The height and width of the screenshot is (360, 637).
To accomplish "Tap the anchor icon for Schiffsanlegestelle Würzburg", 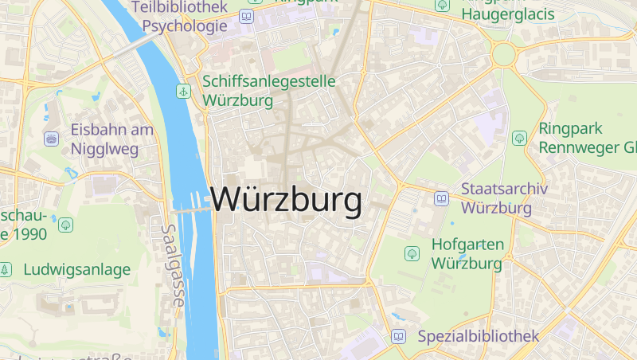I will coord(183,91).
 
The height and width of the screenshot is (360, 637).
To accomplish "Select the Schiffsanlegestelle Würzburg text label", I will coord(269,91).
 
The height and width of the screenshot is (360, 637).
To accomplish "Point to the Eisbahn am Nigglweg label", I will coord(104,139).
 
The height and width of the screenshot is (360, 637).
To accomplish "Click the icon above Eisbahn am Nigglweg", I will coord(52,139).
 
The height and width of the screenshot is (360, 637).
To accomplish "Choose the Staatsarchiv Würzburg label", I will coord(497,199).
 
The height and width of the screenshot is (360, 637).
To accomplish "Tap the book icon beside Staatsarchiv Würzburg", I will coord(441,198).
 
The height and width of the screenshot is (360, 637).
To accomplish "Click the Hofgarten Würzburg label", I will coord(467,253).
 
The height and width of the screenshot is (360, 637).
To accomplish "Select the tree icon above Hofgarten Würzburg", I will coord(412,253).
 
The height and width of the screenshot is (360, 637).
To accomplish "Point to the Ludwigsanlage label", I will coord(76,270).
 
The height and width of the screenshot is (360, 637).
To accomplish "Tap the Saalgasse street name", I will coord(173,265).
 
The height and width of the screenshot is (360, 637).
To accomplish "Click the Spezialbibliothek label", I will coord(478,336).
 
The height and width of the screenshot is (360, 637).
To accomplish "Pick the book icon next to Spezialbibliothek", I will coord(398,336).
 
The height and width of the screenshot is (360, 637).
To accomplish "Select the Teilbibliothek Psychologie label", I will coord(179,17).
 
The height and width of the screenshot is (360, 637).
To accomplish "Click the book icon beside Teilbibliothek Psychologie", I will coord(247,17).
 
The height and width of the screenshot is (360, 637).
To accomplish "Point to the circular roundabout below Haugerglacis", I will coord(504,55).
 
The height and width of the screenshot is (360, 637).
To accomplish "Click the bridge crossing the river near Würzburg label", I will coord(192,209).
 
